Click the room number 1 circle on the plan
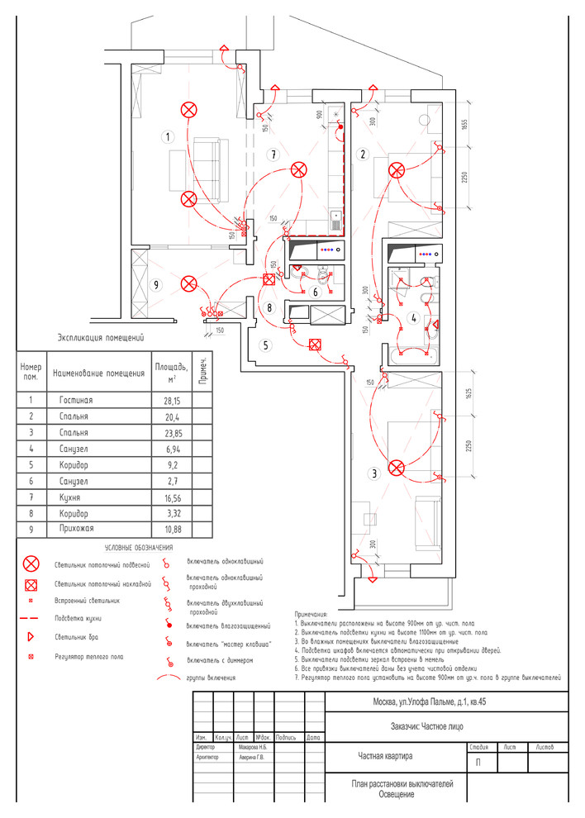(x=168, y=136)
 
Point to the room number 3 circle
(x=374, y=473)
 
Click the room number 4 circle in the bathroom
(x=413, y=316)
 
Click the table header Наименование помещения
(x=98, y=373)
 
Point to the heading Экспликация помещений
(x=100, y=337)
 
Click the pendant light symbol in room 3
(x=397, y=468)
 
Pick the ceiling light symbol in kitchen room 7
(x=298, y=170)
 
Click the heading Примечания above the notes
(x=311, y=615)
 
